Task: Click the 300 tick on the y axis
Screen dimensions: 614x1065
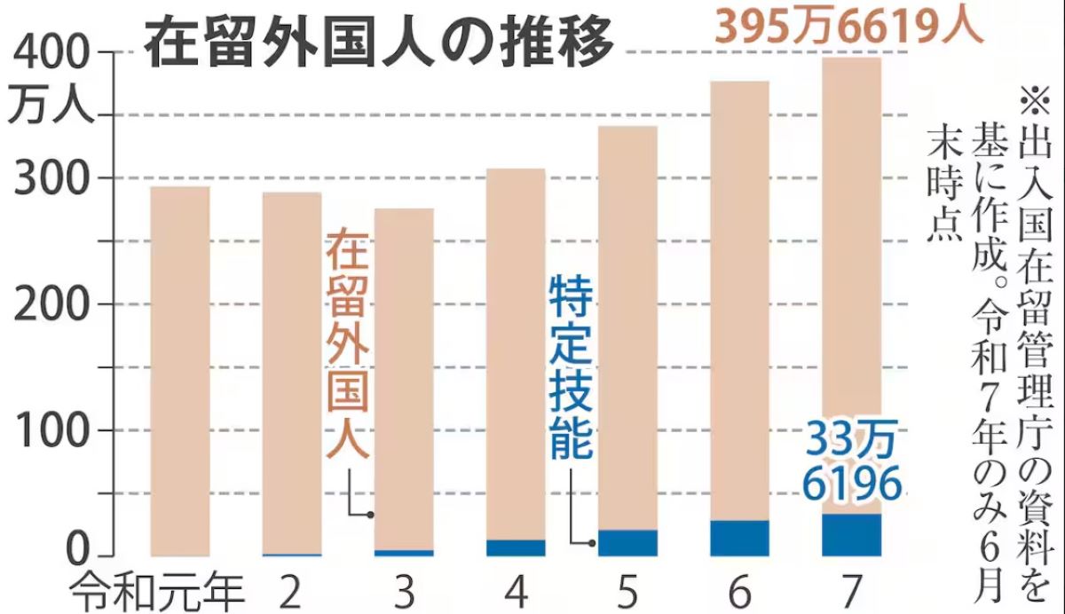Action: click(52, 178)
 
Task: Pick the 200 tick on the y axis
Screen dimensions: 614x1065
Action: click(52, 304)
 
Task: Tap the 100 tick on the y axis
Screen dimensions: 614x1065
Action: click(52, 431)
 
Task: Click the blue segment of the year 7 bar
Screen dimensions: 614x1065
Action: click(851, 534)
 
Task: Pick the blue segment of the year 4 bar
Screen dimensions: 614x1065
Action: click(516, 547)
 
